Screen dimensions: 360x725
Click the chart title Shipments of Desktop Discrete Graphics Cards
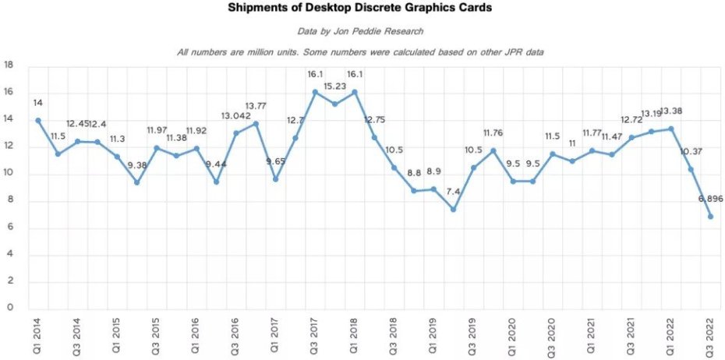[x=360, y=9]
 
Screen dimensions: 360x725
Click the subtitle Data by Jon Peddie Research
[x=360, y=32]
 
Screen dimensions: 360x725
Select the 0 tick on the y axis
[x=11, y=308]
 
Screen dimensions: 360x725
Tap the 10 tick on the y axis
[x=9, y=173]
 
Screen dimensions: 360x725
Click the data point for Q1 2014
[x=37, y=120]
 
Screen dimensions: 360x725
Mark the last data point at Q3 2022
[x=710, y=216]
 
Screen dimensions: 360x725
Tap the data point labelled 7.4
[x=453, y=209]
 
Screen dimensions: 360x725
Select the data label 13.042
[x=235, y=116]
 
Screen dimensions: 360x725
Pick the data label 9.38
[x=137, y=165]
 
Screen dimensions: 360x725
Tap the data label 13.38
[x=672, y=111]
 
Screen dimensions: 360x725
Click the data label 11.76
[x=493, y=132]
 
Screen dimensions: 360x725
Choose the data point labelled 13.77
[x=256, y=124]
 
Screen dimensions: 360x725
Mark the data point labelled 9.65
[x=275, y=179]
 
